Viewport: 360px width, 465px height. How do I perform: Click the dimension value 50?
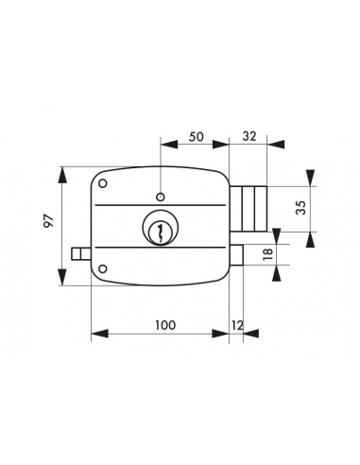pos(196,137)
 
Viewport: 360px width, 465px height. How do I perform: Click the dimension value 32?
pos(249,136)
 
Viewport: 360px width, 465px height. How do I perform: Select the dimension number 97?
pos(49,221)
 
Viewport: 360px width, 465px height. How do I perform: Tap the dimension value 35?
pos(301,208)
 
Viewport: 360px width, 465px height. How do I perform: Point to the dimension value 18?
pos(267,254)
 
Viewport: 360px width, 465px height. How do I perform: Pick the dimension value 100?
pos(165,325)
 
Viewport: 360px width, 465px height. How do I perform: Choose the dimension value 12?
pos(237,325)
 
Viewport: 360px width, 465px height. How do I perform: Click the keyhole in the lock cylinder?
pos(160,233)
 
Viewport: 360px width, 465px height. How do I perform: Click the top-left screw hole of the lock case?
pos(103,183)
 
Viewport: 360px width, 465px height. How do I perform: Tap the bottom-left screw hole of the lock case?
pos(103,268)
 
